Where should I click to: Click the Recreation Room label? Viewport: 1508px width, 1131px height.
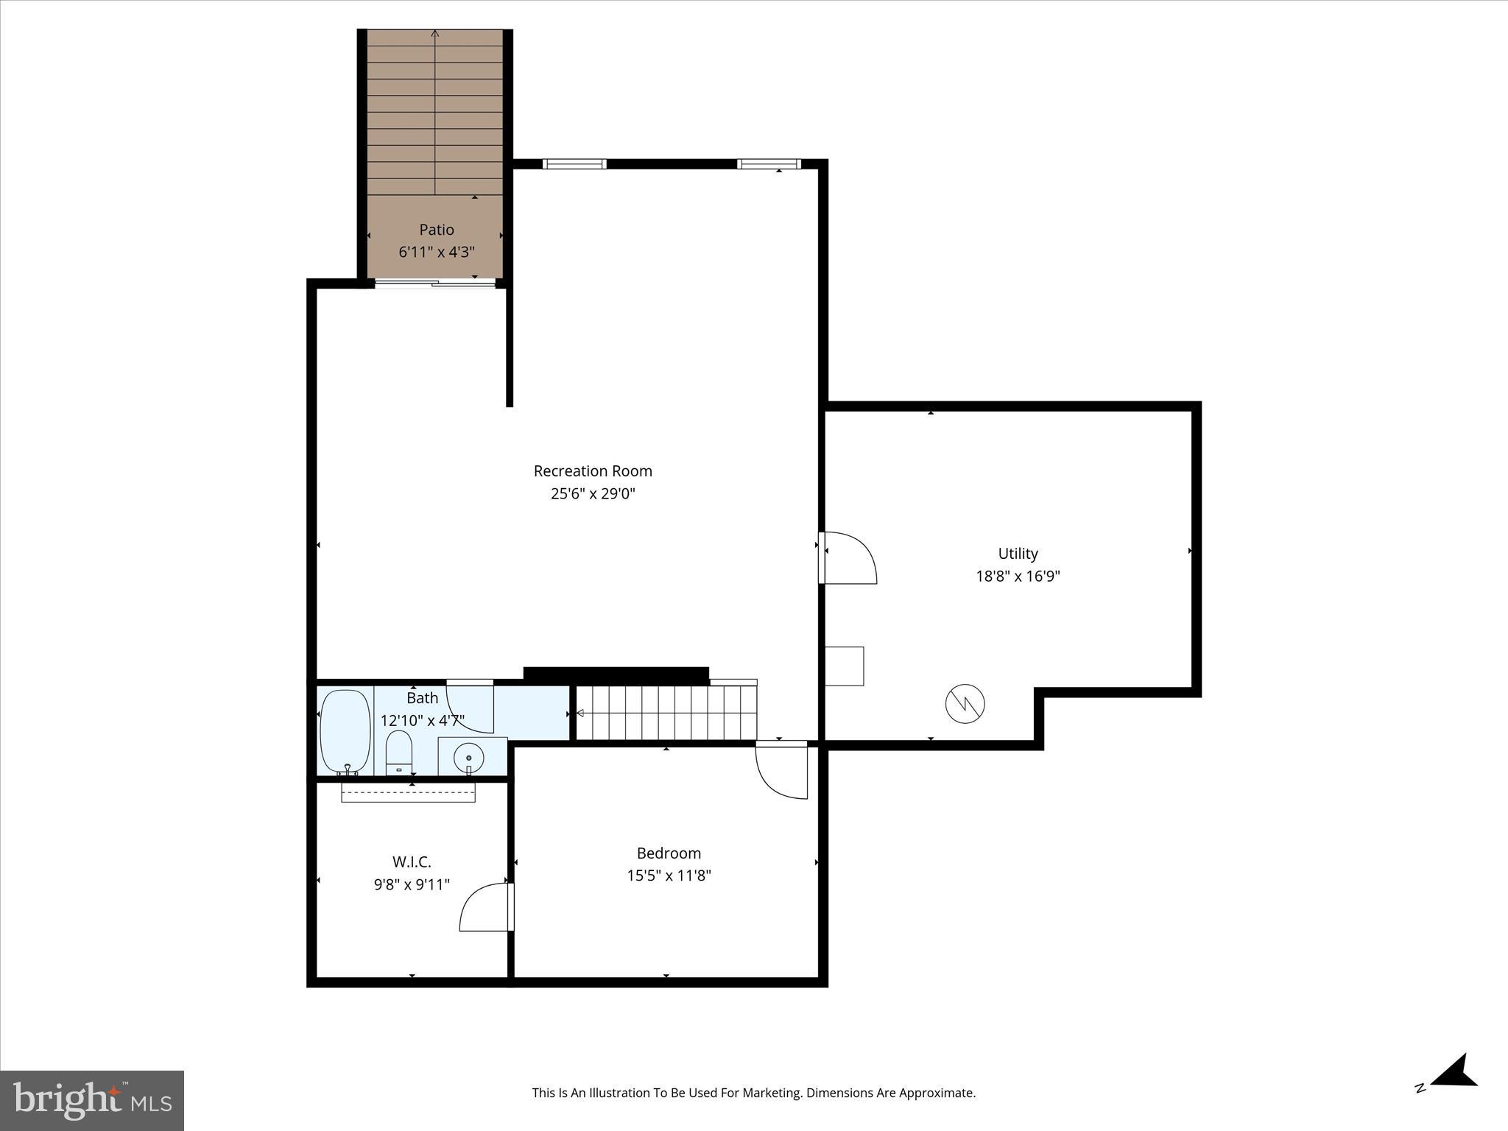point(593,471)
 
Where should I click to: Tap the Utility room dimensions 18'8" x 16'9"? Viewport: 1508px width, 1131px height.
point(1018,576)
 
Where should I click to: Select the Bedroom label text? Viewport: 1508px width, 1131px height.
point(669,853)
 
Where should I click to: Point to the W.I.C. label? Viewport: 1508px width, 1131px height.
point(412,862)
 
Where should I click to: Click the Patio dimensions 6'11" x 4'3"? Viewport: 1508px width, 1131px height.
point(437,252)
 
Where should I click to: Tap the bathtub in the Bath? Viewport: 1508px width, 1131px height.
point(345,730)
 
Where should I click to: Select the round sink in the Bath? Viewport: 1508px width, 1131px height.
point(468,756)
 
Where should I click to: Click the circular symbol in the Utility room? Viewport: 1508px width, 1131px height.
point(965,704)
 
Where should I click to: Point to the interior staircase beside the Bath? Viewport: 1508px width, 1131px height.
point(666,712)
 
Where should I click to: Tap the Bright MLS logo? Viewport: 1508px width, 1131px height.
point(92,1100)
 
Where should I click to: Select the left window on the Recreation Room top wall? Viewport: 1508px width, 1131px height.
point(574,164)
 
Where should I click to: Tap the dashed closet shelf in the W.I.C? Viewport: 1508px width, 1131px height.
point(408,792)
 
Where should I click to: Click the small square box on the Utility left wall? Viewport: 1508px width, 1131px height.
point(844,666)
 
